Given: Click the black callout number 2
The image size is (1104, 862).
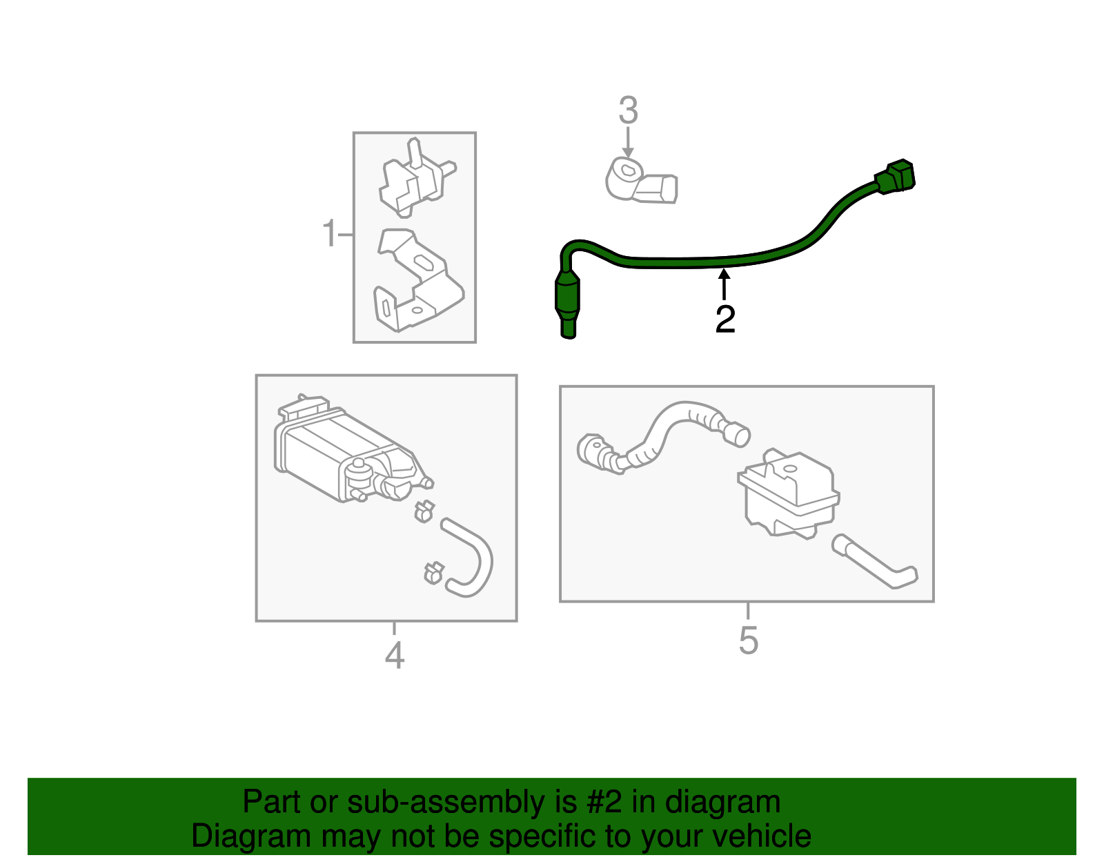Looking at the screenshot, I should point(725,320).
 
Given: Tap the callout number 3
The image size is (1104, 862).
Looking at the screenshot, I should point(628,111).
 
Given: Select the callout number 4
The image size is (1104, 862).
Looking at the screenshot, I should point(394,655).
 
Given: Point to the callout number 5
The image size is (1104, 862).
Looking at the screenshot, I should point(748,641).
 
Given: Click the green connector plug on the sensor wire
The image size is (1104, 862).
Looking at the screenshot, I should point(896,177).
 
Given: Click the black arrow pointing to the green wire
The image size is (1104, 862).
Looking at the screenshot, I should point(724,283).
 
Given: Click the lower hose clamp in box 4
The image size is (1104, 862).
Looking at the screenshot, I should point(433,572).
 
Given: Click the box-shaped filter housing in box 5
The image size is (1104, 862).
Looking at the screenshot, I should point(789,493).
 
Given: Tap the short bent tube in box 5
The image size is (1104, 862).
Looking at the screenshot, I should point(873,562).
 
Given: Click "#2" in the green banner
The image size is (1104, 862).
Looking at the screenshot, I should point(604,803).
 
